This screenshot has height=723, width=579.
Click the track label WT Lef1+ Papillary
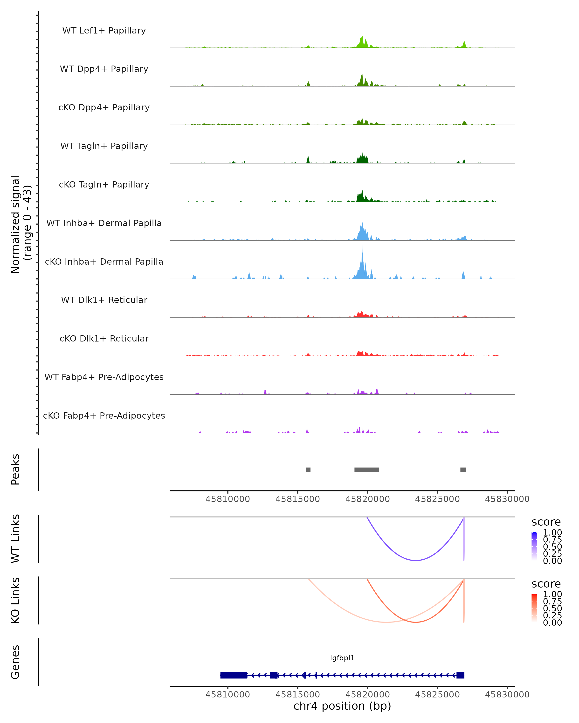tap(104, 31)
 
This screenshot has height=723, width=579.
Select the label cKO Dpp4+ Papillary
tap(104, 108)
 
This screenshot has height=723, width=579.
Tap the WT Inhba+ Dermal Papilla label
tap(104, 223)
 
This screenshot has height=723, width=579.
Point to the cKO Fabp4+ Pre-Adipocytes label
tap(104, 416)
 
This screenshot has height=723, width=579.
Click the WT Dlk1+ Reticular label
tap(104, 300)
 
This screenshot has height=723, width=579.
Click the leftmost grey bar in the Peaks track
tap(308, 469)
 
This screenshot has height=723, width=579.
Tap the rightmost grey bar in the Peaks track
tap(463, 469)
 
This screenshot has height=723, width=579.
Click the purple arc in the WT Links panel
tap(415, 560)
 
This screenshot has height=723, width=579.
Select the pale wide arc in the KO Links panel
tap(386, 622)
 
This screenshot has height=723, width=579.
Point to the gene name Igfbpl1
tap(342, 658)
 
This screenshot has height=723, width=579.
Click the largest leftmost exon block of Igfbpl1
tap(234, 675)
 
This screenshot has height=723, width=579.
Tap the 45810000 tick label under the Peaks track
tap(227, 499)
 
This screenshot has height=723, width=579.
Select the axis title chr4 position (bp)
tap(342, 706)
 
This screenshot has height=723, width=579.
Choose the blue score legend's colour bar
tap(534, 546)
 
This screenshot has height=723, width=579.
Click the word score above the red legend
tap(546, 584)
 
